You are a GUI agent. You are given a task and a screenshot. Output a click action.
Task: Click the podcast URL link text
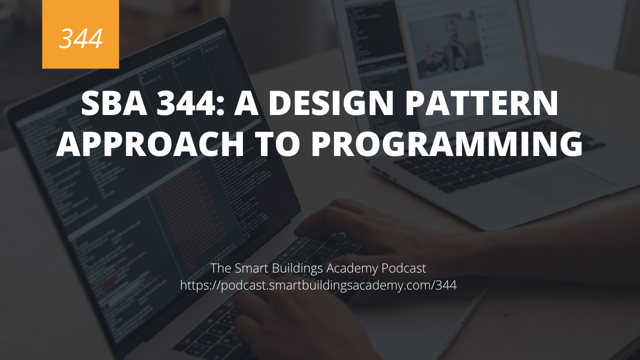(318, 285)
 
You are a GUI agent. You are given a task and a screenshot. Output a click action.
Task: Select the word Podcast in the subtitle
(403, 268)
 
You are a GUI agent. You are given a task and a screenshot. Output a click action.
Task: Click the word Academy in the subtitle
(352, 268)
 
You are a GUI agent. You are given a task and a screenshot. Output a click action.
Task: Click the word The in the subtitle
(220, 268)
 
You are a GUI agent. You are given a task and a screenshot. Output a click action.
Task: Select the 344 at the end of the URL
(446, 285)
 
